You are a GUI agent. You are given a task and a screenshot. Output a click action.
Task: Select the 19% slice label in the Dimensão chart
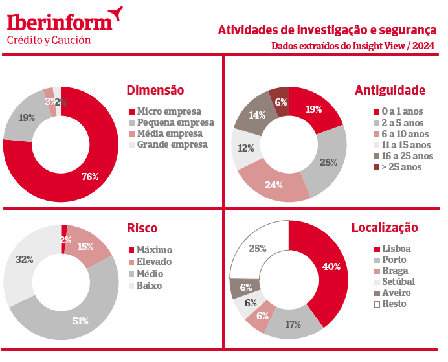tap(27, 118)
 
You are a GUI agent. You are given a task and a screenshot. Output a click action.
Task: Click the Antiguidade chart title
tap(390, 90)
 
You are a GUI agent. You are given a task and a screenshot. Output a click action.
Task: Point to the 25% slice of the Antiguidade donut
tap(329, 162)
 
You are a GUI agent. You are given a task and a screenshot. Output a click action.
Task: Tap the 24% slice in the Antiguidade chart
tap(274, 185)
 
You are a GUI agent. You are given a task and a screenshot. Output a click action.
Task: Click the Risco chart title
tap(142, 228)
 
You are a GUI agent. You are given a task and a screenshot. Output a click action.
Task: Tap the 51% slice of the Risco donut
tap(80, 321)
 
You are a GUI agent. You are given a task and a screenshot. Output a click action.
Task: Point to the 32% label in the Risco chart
tap(25, 260)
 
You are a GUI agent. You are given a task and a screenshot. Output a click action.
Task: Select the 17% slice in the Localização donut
tap(293, 324)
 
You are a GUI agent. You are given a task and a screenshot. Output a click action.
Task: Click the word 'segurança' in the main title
tap(403, 30)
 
